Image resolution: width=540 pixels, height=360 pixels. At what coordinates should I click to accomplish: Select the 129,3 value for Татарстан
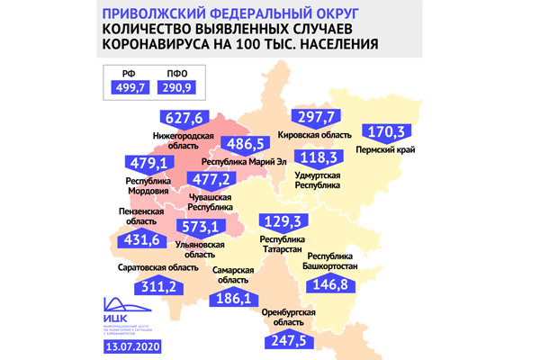[x=285, y=221]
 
